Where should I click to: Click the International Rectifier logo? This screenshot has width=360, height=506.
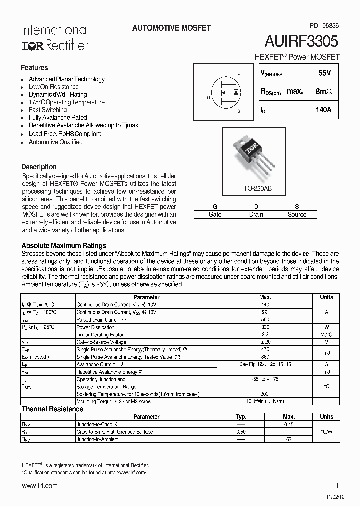click(54, 37)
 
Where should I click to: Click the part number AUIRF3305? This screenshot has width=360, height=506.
click(302, 41)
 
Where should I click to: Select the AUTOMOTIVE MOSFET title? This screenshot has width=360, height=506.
click(171, 28)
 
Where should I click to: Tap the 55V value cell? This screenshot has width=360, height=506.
click(324, 73)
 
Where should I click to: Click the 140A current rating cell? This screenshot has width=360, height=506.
click(324, 110)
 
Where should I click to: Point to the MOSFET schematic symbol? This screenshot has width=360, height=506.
click(224, 93)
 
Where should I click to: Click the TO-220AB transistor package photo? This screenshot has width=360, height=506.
click(255, 154)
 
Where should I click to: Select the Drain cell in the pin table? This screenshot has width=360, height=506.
click(256, 214)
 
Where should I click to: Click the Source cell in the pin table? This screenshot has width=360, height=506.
click(297, 214)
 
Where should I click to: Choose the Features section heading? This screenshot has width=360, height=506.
click(34, 67)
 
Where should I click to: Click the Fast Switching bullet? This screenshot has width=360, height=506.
click(47, 110)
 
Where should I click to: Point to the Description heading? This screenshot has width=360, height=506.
click(39, 167)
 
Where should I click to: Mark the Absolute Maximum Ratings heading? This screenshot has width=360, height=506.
click(64, 245)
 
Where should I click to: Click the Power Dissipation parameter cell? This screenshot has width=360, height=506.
click(96, 327)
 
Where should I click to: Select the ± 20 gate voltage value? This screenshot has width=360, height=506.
click(265, 342)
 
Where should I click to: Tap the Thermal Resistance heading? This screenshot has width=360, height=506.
click(52, 409)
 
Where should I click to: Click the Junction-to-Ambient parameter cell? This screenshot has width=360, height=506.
click(97, 439)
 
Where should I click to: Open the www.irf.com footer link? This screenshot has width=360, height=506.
click(40, 485)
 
